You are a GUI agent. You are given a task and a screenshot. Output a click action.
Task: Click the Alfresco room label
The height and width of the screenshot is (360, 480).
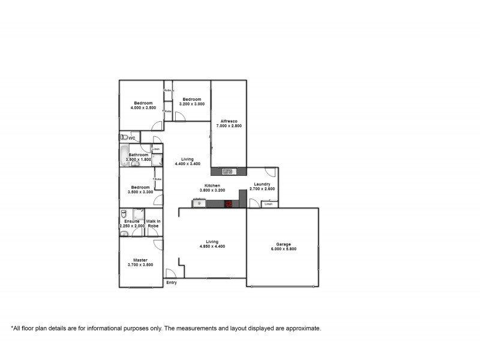(229, 121)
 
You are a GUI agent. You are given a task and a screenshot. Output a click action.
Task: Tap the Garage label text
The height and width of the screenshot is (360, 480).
(283, 244)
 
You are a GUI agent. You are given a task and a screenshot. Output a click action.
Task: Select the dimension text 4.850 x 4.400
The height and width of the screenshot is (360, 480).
(212, 247)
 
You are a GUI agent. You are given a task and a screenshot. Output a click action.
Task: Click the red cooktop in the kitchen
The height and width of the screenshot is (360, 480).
(229, 204)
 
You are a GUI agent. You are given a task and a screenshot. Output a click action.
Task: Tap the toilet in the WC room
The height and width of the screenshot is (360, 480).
(123, 137)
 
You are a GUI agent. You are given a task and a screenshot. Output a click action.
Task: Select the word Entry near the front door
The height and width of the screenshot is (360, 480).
(172, 283)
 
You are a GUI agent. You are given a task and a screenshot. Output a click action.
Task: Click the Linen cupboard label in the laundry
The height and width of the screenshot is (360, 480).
(269, 205)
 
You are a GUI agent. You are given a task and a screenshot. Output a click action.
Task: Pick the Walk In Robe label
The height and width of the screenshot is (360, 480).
(154, 224)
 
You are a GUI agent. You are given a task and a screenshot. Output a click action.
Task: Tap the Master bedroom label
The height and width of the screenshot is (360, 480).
(140, 260)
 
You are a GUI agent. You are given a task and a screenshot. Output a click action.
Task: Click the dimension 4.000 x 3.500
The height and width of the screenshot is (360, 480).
(143, 108)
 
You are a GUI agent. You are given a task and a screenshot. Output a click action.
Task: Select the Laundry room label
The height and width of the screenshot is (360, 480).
(262, 184)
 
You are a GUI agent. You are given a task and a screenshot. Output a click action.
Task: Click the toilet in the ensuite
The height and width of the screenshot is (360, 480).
(124, 214)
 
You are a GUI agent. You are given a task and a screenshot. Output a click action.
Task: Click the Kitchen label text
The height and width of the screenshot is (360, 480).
(212, 185)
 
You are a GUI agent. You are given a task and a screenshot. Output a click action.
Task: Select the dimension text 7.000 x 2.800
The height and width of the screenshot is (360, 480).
(229, 126)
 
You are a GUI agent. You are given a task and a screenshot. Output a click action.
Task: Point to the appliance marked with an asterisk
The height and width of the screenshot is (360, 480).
(199, 204)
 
